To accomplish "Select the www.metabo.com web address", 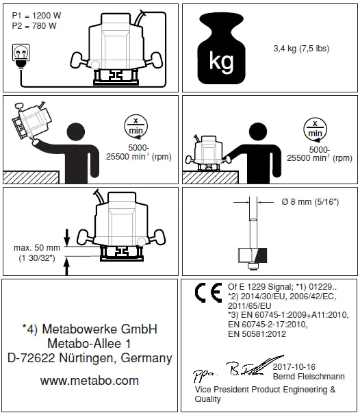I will [90, 380].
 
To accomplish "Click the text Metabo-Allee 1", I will [90, 342].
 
